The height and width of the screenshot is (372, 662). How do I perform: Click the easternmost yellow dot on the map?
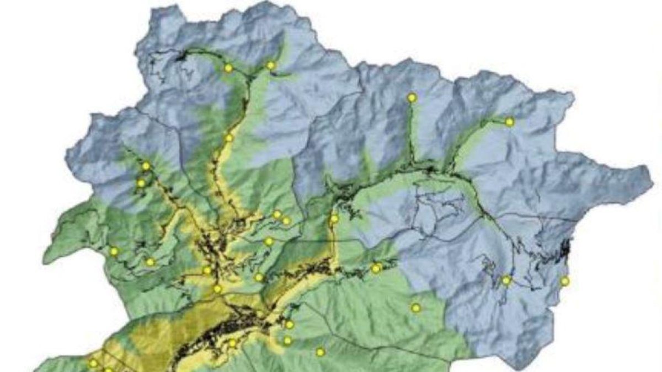(x=564, y=281)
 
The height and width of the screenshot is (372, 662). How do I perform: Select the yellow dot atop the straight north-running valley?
(x=412, y=98)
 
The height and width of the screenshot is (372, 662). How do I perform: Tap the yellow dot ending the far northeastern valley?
(x=509, y=122)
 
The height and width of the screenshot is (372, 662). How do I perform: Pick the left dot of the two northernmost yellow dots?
(x=228, y=68)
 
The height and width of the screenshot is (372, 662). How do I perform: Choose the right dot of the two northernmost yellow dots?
(x=270, y=65)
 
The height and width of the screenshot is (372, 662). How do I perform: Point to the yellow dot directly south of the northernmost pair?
(x=228, y=138)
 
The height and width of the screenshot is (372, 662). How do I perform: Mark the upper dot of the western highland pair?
(x=146, y=166)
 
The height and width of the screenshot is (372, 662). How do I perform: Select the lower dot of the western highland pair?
(x=141, y=183)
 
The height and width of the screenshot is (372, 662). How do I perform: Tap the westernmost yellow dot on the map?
(x=93, y=363)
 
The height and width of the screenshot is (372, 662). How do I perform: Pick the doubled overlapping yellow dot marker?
(x=377, y=268)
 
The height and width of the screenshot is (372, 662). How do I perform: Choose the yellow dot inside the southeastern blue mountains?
(x=506, y=280)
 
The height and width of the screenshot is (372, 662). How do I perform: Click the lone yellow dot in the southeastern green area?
(x=416, y=308)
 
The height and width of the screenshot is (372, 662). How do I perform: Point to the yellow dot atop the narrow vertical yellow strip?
(x=334, y=219)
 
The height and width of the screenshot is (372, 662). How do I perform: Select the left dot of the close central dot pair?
(x=277, y=214)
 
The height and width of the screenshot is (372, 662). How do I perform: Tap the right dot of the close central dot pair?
(x=286, y=220)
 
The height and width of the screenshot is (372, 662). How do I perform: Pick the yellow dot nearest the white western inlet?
(x=114, y=251)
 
